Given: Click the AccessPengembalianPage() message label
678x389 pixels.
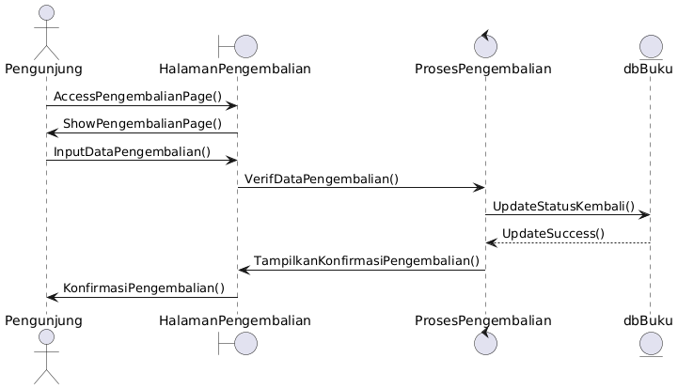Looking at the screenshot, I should (137, 97).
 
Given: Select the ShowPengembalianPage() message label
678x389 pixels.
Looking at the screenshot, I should (143, 124).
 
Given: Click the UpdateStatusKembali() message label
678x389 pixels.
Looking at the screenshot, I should (563, 206).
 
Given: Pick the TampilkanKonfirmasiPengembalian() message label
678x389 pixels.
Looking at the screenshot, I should (366, 260).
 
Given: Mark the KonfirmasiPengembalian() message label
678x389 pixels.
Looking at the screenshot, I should (144, 288).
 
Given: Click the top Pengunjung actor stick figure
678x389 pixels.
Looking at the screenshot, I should (44, 34).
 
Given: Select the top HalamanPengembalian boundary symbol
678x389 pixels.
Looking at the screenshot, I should (237, 45).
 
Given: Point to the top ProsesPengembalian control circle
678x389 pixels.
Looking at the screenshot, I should (485, 45).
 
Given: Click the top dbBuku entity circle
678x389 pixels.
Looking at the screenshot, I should (649, 45).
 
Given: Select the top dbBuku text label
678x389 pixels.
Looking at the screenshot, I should (649, 69).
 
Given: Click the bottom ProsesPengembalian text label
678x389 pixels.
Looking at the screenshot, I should (485, 320).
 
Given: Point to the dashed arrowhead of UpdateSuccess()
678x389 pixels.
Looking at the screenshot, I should (490, 242).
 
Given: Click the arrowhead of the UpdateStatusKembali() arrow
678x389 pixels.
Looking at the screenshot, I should (644, 215).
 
